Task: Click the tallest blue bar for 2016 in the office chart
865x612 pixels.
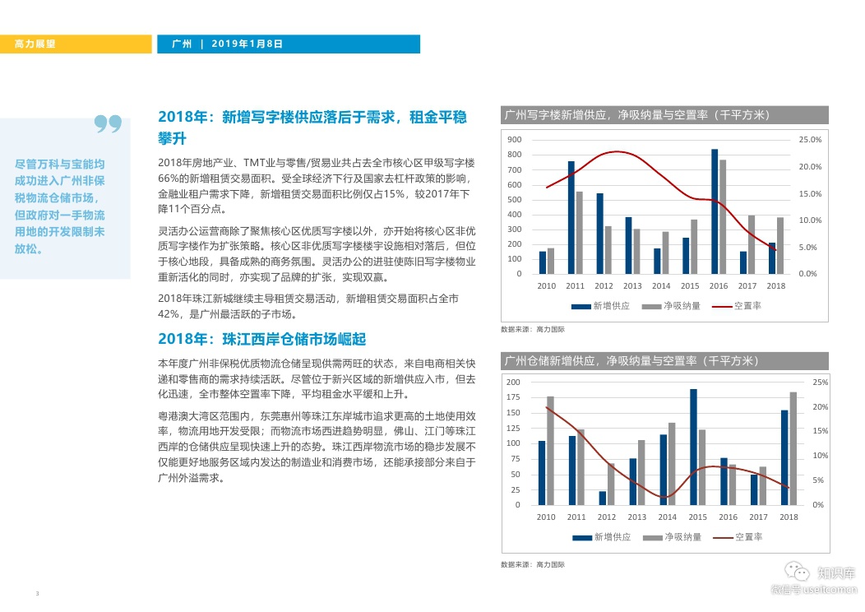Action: click(715, 211)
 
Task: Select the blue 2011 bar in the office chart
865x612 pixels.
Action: click(571, 217)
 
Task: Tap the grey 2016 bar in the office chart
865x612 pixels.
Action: click(723, 216)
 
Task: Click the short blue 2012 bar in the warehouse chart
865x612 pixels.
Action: click(602, 498)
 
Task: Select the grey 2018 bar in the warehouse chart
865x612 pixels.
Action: click(793, 448)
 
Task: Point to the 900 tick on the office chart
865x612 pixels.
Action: click(515, 140)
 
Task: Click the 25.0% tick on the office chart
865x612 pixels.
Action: click(810, 140)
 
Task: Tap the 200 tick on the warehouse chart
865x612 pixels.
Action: click(513, 382)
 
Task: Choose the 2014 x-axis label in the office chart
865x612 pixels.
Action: click(661, 286)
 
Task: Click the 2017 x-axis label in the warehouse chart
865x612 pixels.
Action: click(758, 517)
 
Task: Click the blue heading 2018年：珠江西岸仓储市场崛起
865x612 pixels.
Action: click(261, 339)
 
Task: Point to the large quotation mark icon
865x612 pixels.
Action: click(108, 125)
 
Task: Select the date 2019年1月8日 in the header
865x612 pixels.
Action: click(247, 44)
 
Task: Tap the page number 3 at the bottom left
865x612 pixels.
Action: click(37, 593)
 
